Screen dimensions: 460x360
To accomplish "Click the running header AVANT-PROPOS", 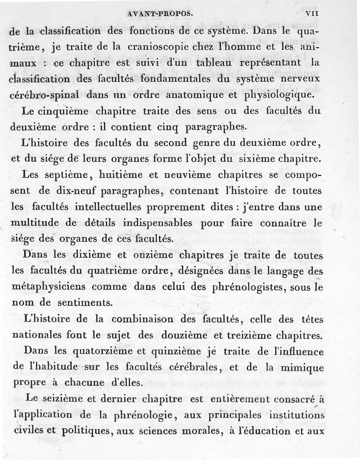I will (160, 13).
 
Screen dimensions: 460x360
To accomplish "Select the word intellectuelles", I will (119, 207).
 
